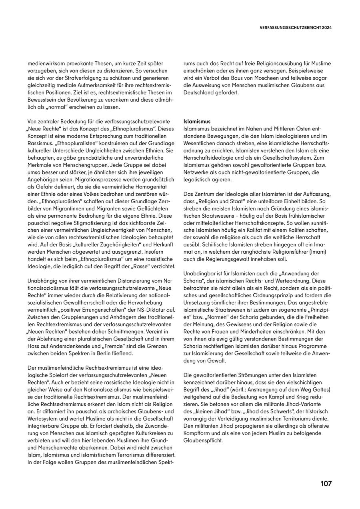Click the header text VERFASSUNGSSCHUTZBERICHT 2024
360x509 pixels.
pos(296,28)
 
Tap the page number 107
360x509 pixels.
pos(326,483)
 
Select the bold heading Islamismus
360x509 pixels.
pos(197,121)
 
